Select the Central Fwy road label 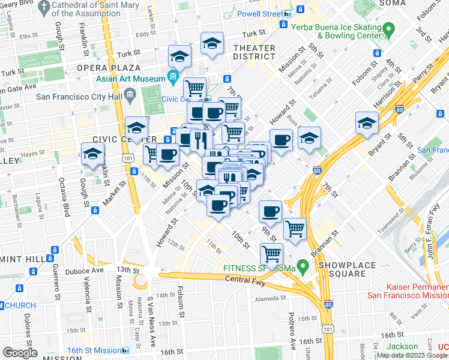click(x=244, y=280)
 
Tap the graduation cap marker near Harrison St click(x=367, y=124)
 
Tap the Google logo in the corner click(x=20, y=353)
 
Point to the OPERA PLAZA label click(x=108, y=68)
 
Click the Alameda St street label click(x=271, y=298)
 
